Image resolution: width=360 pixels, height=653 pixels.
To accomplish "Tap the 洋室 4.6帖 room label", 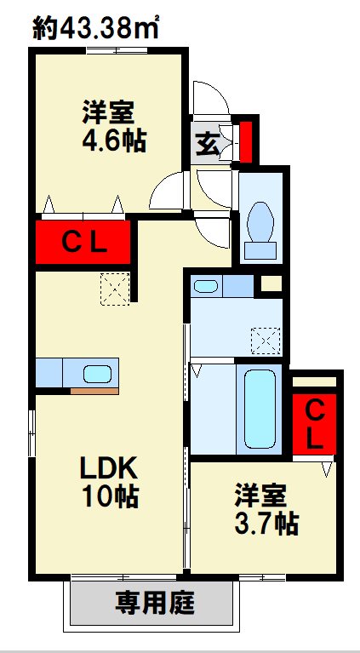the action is coord(114,127).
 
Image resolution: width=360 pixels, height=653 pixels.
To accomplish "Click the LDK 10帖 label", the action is coord(109,483).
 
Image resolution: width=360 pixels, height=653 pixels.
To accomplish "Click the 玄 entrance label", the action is coord(207,143).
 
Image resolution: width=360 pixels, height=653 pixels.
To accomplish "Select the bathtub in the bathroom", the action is coord(260,409).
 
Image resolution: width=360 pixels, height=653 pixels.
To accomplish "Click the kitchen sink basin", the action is coord(97,374).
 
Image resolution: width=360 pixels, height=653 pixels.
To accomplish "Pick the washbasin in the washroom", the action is coord(206,286).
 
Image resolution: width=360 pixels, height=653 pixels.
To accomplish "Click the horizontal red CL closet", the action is coord(83,242).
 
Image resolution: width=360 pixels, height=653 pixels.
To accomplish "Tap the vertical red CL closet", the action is coord(314,424).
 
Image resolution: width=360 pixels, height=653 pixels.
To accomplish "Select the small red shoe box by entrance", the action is coord(246,141).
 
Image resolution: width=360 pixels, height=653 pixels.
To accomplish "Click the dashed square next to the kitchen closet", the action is coord(115,289).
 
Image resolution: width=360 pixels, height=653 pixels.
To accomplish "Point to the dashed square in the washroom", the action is coord(266,341).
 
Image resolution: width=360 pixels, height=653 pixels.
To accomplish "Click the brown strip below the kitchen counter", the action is coord(94,391).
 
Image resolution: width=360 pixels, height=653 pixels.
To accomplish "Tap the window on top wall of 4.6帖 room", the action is coord(117,51).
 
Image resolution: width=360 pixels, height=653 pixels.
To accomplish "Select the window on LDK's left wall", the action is coord(31,433).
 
